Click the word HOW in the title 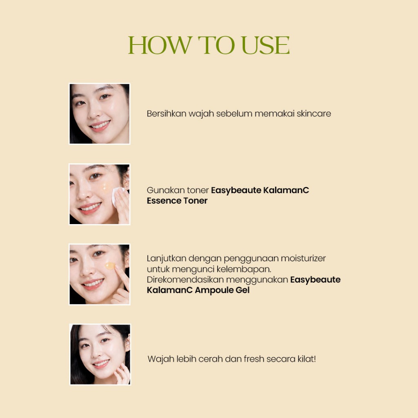point(160,45)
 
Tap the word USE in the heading point(265,45)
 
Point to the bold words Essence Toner point(177,200)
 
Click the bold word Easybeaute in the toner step point(236,190)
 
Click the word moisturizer point(303,258)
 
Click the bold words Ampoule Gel point(222,290)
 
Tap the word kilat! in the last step point(307,359)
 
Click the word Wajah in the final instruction point(161,359)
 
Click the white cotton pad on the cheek point(117,196)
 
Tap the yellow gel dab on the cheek point(110,266)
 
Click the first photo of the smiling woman point(100,114)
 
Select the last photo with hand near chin point(100,354)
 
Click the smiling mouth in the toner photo point(90,208)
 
